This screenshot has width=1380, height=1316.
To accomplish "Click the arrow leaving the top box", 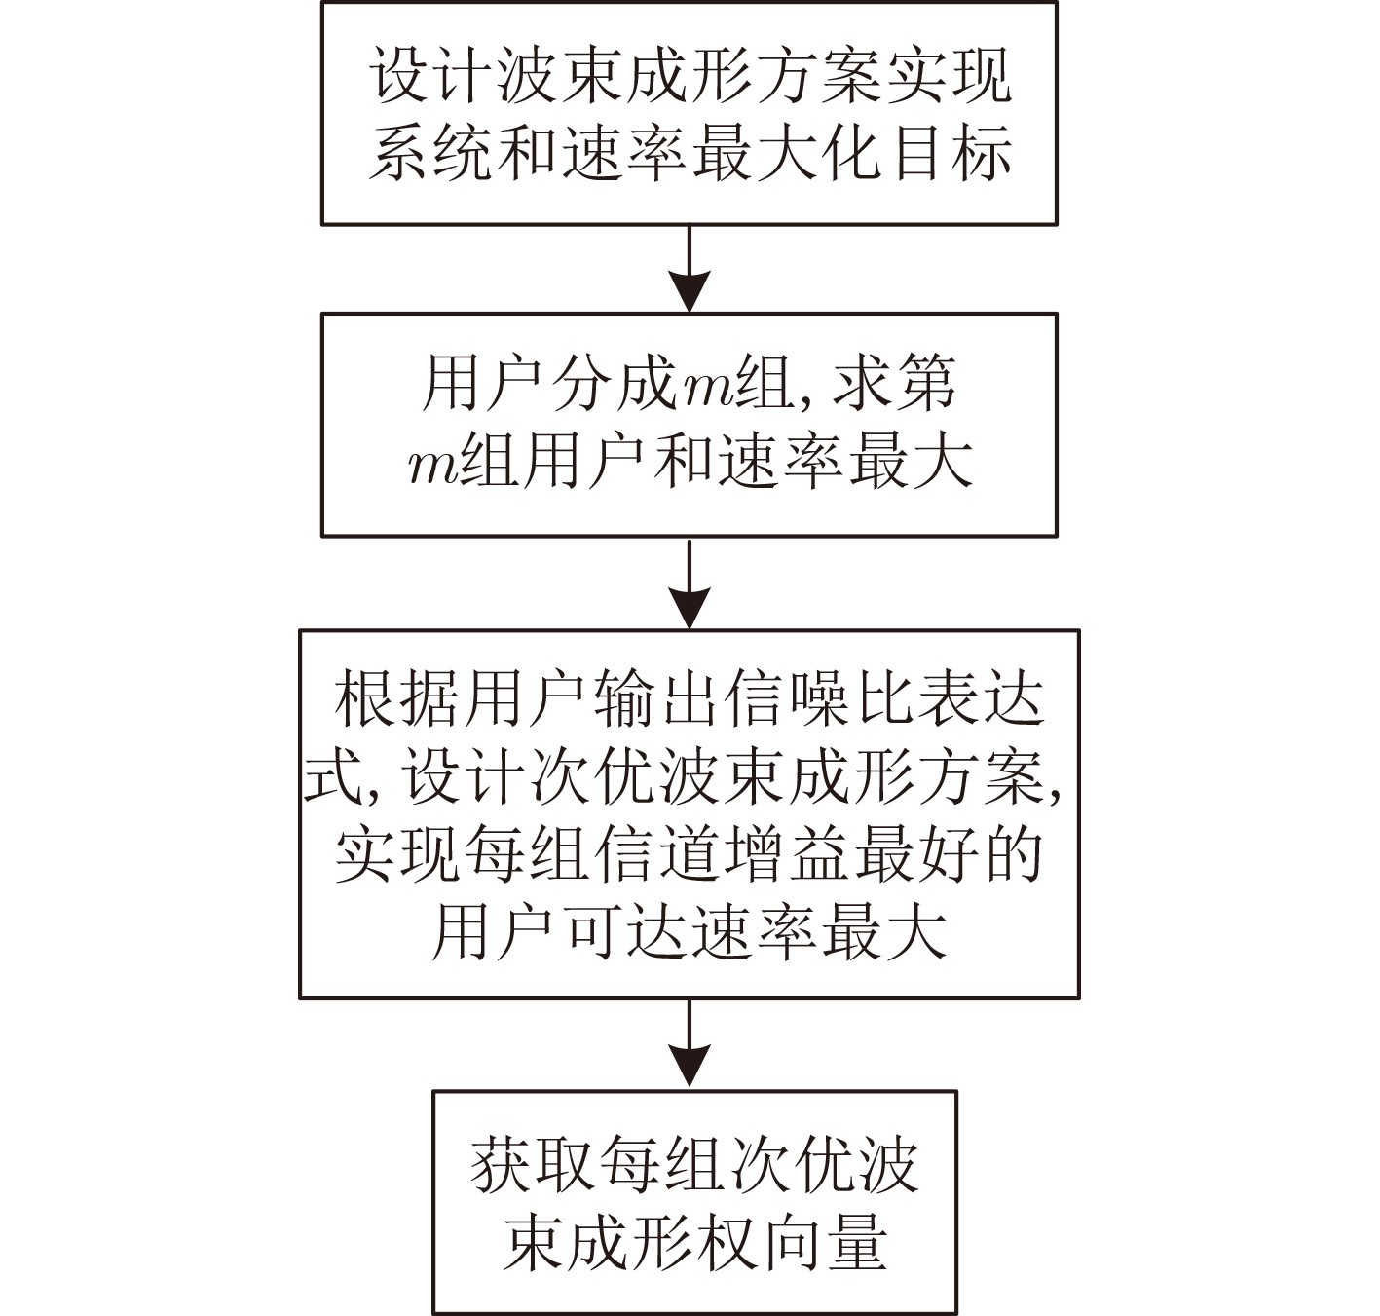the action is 690,268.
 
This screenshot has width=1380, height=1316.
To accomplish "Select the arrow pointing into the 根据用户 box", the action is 690,583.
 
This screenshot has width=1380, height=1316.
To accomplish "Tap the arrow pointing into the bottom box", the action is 690,1044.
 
